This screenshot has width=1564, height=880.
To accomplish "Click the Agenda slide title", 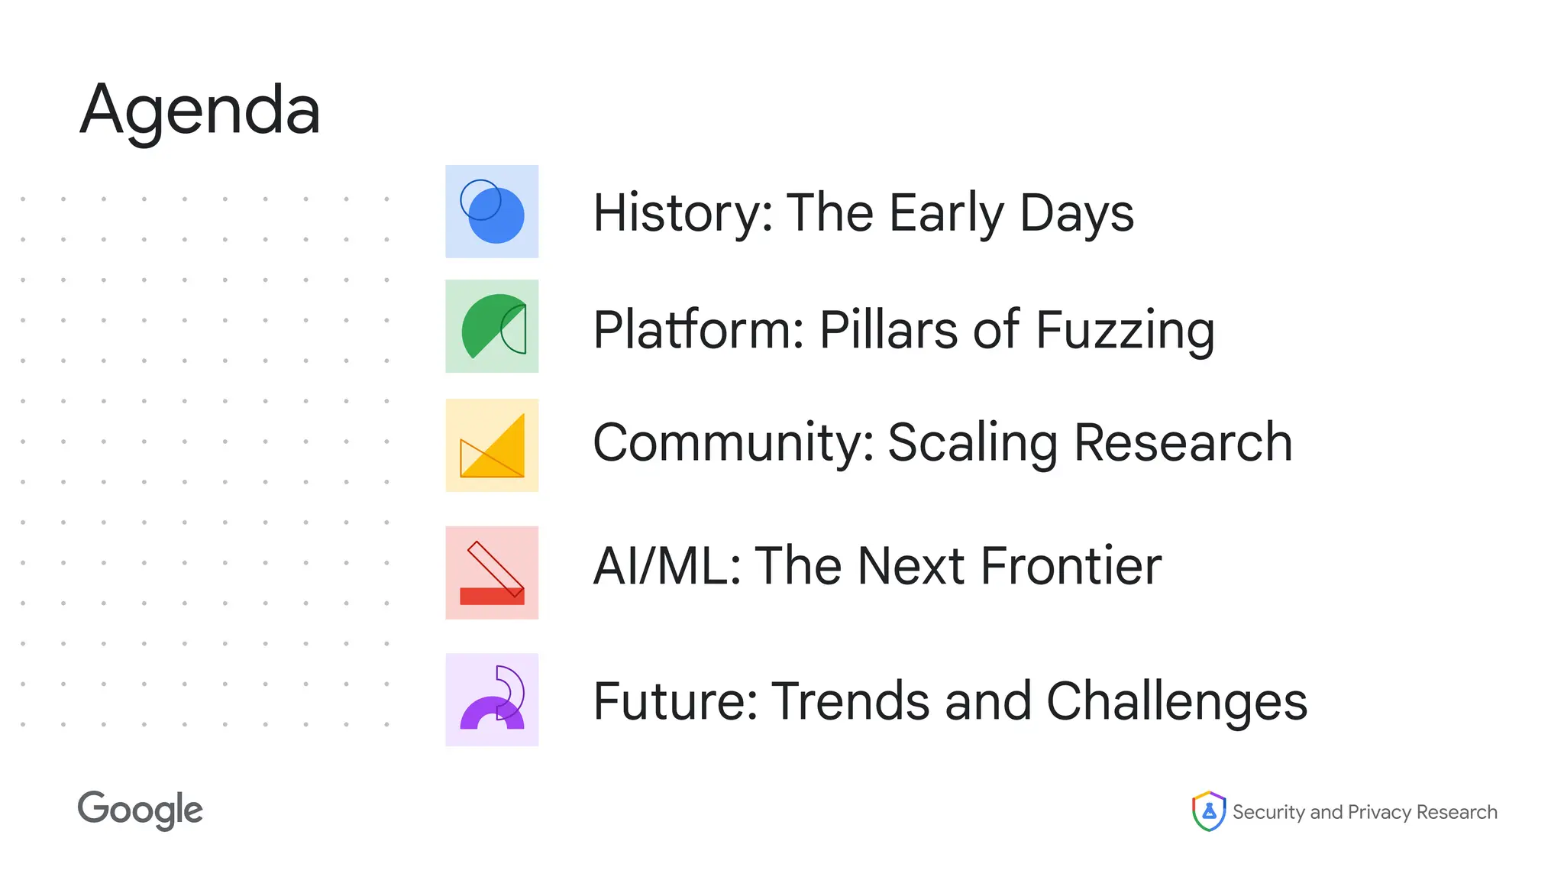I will tap(200, 112).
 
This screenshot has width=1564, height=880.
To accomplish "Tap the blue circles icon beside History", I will tap(492, 212).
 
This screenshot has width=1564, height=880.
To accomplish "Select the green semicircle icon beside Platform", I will tap(492, 326).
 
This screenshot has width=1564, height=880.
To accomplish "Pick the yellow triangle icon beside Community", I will tap(492, 445).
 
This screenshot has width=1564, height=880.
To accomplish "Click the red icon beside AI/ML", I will tap(492, 572).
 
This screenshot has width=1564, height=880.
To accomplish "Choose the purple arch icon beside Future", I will tap(492, 699).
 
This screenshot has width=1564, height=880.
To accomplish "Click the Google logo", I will tap(141, 810).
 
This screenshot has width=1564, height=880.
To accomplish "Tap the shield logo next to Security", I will tap(1208, 810).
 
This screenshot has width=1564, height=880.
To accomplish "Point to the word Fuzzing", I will tap(1124, 330).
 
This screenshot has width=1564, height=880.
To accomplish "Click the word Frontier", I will tap(1071, 566).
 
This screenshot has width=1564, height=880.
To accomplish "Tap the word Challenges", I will tap(1176, 701).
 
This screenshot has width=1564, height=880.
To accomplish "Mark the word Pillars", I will tap(888, 330).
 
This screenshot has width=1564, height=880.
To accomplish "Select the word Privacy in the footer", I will tap(1379, 812).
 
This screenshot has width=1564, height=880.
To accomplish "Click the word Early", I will tap(947, 214).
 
